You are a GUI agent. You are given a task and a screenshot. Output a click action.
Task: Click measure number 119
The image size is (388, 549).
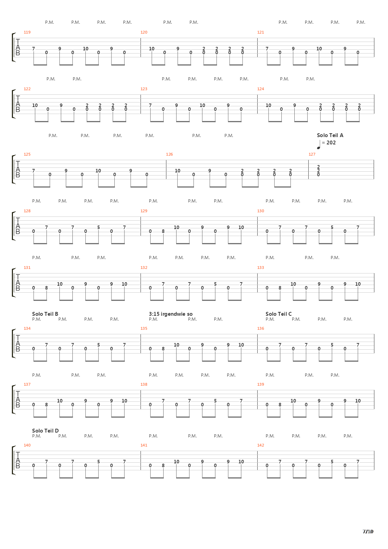pos(27,32)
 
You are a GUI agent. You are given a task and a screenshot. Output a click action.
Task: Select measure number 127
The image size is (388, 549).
pos(312,154)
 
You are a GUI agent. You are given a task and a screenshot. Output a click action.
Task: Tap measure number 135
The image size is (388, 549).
pos(144,328)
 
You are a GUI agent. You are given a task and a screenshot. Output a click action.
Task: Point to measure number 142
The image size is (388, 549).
pos(261,445)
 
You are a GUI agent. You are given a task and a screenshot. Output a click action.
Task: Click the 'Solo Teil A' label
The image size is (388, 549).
pos(330,135)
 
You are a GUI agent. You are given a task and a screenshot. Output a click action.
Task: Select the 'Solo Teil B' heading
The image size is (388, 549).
pos(45,314)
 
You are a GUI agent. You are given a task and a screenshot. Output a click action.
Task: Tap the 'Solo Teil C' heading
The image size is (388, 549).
pos(279,314)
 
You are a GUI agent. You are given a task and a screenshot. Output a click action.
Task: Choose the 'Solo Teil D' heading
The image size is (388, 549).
pos(45,430)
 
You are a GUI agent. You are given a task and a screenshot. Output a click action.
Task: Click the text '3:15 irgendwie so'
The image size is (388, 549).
pos(171,314)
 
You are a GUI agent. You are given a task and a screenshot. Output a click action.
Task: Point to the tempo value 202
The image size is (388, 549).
pos(331,143)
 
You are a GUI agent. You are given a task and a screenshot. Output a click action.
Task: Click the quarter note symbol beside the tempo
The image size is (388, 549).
pos(319,145)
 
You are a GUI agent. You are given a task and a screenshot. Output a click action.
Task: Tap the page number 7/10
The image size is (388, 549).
pos(368,532)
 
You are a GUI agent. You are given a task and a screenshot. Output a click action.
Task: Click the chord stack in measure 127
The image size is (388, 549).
pos(318,171)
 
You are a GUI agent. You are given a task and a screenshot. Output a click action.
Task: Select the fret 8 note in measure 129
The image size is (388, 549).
pos(163,231)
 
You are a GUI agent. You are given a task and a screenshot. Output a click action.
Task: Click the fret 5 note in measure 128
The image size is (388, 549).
pos(99,227)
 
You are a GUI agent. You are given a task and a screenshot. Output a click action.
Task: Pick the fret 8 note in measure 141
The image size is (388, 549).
pos(163,465)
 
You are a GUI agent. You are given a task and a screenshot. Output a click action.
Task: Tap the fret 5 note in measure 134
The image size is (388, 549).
pos(99,345)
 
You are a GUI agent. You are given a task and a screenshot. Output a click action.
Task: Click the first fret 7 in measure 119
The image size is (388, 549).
pos(34,49)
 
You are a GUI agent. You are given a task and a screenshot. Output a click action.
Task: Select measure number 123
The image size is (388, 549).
pos(144,89)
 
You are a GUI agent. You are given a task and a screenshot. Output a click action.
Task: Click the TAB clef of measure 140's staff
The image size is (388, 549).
pos(17,460)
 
